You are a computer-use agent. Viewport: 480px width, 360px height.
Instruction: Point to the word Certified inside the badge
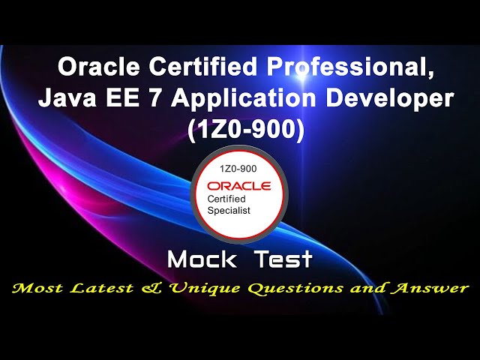tap(227, 199)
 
